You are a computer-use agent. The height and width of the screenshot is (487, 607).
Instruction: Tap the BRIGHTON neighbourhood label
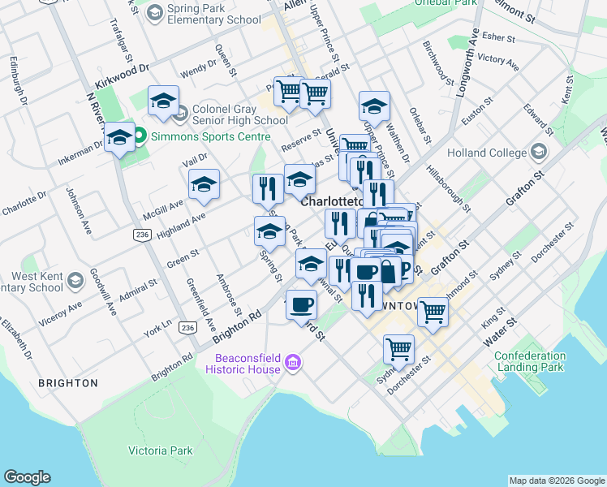tap(67, 382)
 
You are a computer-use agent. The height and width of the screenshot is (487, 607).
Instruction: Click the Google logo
tap(27, 477)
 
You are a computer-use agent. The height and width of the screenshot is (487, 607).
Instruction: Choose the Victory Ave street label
tap(498, 59)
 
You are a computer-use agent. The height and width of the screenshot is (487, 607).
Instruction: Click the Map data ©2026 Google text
tap(556, 481)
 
